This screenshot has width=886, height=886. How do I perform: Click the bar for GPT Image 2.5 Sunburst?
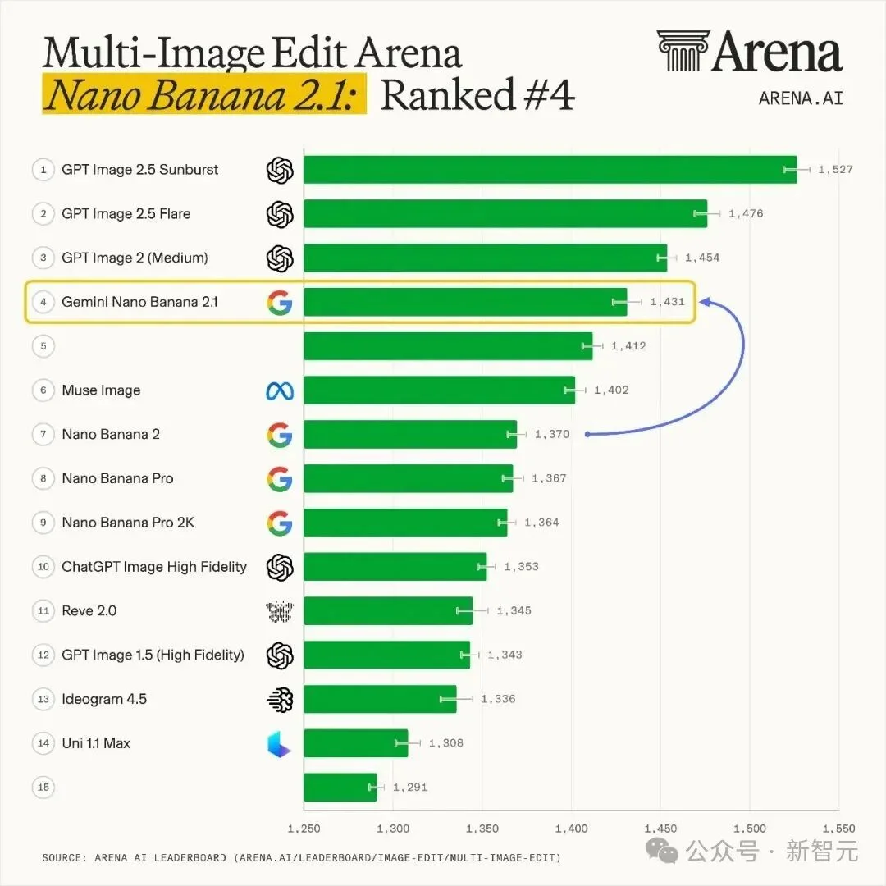pos(550,170)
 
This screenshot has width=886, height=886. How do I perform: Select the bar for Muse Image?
pos(439,390)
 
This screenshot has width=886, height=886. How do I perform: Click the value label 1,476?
pos(745,213)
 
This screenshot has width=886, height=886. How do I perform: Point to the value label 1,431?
pos(667,302)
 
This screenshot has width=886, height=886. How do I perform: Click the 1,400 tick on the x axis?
pos(571,829)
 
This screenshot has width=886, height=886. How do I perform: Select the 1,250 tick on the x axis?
pos(304,829)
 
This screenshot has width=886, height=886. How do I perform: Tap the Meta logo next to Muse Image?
pos(280,390)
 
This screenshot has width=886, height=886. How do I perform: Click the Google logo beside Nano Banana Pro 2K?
pos(280,523)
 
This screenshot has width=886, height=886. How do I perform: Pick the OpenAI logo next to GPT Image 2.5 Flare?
pos(280,214)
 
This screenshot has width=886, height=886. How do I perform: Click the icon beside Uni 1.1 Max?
pos(279,743)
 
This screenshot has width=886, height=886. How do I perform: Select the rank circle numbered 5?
pos(43,346)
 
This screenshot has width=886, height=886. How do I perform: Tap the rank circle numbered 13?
pos(43,699)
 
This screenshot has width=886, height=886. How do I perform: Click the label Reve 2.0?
pos(89,611)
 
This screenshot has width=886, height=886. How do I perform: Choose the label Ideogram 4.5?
pos(104,700)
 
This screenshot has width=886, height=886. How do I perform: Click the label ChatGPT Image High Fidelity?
pos(154,567)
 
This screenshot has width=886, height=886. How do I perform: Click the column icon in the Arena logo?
pos(683,51)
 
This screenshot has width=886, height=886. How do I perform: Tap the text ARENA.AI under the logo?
pos(801,98)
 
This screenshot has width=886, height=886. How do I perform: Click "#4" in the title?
pos(549,94)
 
